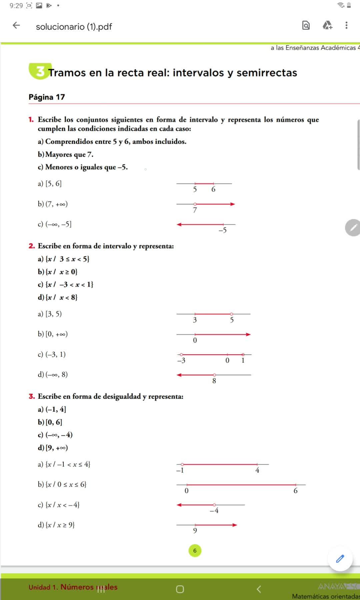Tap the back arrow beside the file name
point(16,25)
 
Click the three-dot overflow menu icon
point(346,25)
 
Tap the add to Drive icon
point(327,25)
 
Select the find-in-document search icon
point(306,25)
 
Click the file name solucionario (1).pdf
point(74,27)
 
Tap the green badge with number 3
point(40,71)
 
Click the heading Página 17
point(47,97)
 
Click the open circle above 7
point(195,204)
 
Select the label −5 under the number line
point(223,230)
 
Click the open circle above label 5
point(232,314)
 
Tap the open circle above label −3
point(181,354)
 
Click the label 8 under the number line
point(214,381)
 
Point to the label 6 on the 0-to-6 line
point(295,491)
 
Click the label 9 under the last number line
point(195,531)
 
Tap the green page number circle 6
point(195,551)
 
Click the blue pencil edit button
point(340,559)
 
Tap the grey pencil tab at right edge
point(353,228)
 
